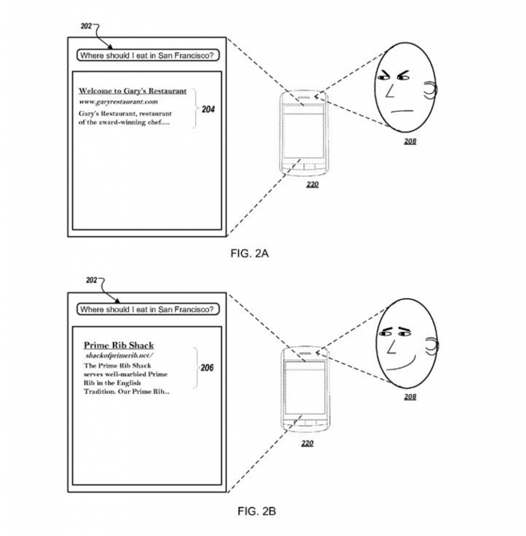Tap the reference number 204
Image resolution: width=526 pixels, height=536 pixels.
point(208,110)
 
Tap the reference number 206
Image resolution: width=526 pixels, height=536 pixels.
point(207,368)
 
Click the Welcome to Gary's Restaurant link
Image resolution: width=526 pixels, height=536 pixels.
point(132,91)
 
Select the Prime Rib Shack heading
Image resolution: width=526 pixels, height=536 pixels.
point(119,345)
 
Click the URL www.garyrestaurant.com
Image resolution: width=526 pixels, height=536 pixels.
point(118,102)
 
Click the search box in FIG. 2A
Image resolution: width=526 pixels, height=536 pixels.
point(148,55)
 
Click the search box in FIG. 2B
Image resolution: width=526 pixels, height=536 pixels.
point(148,309)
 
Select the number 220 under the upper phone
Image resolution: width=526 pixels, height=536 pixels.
point(311,184)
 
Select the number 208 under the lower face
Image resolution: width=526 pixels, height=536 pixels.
point(410,397)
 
